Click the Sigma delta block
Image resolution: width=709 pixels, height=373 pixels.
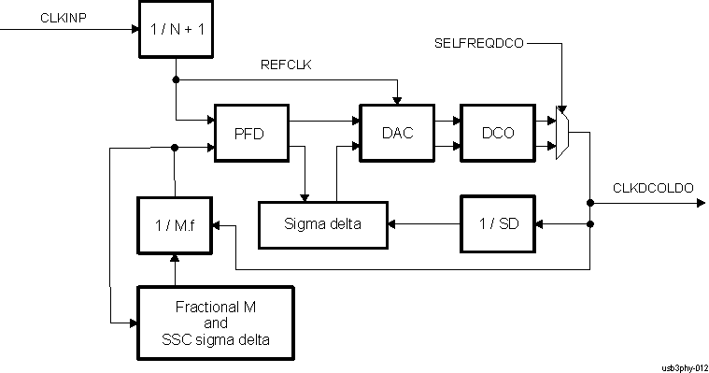tap(323, 224)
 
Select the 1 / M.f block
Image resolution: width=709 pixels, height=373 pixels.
tap(175, 224)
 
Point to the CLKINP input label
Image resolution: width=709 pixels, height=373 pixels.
tap(63, 18)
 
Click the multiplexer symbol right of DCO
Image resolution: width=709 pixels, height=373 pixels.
tap(562, 133)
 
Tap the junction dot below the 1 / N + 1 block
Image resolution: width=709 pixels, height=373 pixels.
tap(175, 79)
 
